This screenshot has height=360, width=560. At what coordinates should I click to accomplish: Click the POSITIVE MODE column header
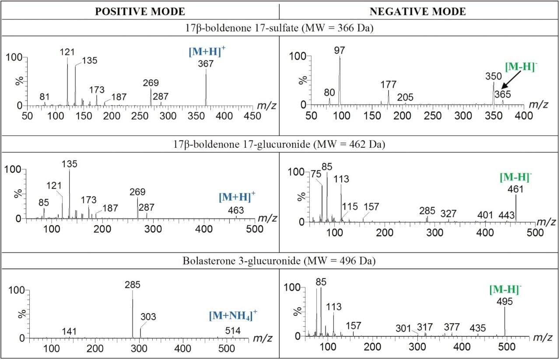click(140, 11)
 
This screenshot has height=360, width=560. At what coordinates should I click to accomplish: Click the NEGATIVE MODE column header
click(419, 11)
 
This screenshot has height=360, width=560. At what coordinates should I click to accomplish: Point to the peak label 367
click(206, 63)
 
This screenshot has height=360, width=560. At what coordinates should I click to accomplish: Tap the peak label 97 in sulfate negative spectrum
click(339, 50)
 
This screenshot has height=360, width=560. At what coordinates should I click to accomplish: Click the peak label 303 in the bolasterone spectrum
click(148, 317)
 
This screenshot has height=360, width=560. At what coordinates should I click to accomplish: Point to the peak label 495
click(505, 301)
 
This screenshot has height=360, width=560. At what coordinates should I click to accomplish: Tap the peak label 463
click(236, 210)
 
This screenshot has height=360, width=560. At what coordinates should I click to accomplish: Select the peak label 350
click(493, 76)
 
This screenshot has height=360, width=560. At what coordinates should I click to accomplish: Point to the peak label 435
click(478, 328)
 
